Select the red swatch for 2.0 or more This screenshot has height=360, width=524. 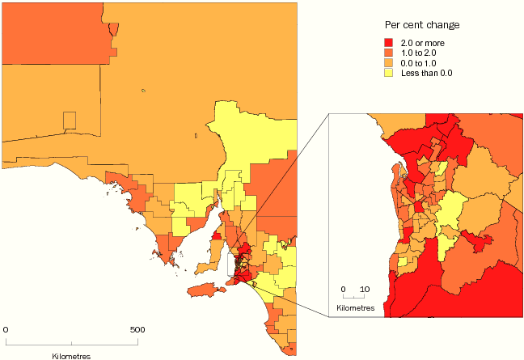pyautogui.click(x=389, y=43)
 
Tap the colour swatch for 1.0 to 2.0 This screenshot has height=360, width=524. pyautogui.click(x=389, y=53)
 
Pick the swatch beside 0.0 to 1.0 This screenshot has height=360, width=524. pyautogui.click(x=389, y=62)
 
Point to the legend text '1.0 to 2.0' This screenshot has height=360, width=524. pyautogui.click(x=416, y=53)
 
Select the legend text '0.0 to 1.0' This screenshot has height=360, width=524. pyautogui.click(x=416, y=62)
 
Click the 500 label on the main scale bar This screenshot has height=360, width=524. pyautogui.click(x=137, y=330)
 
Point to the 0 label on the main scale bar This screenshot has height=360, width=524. pyautogui.click(x=6, y=330)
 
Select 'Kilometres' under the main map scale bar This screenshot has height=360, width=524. pyautogui.click(x=71, y=355)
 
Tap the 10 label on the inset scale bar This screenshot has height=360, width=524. pyautogui.click(x=364, y=289)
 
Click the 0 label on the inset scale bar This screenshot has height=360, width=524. pyautogui.click(x=343, y=289)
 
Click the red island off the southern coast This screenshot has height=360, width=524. pyautogui.click(x=203, y=289)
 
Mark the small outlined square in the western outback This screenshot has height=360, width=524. pyautogui.click(x=70, y=121)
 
